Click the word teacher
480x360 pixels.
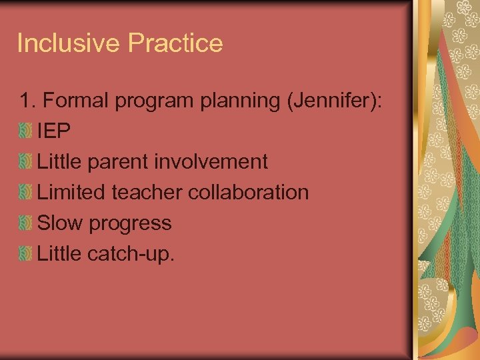(146, 193)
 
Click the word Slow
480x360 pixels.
(60, 223)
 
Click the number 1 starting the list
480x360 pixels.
(25, 101)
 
